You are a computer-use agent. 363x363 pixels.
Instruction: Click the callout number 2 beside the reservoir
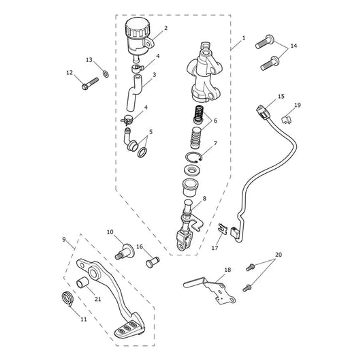coord(165,28)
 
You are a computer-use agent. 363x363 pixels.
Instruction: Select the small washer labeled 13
coord(106,74)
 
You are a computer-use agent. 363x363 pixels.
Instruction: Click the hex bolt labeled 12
coord(90,84)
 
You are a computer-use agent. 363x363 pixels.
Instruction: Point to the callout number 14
coord(294,46)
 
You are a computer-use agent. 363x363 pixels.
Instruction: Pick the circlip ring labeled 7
coord(194,157)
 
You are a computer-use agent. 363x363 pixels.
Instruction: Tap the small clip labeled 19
coord(287,120)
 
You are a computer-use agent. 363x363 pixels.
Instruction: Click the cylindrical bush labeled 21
coord(82,282)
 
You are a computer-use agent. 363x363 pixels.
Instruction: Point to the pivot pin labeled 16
coord(153,262)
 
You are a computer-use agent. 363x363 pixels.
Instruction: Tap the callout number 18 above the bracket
coord(227,270)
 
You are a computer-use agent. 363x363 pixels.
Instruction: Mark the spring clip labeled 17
coord(222,229)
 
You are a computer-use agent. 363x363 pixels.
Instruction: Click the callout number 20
coord(279,255)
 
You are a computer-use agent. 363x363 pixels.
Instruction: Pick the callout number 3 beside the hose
coord(155,75)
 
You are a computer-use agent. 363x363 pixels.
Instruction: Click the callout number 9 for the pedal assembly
coord(64,240)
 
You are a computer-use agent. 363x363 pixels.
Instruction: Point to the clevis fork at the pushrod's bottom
coord(185,241)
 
